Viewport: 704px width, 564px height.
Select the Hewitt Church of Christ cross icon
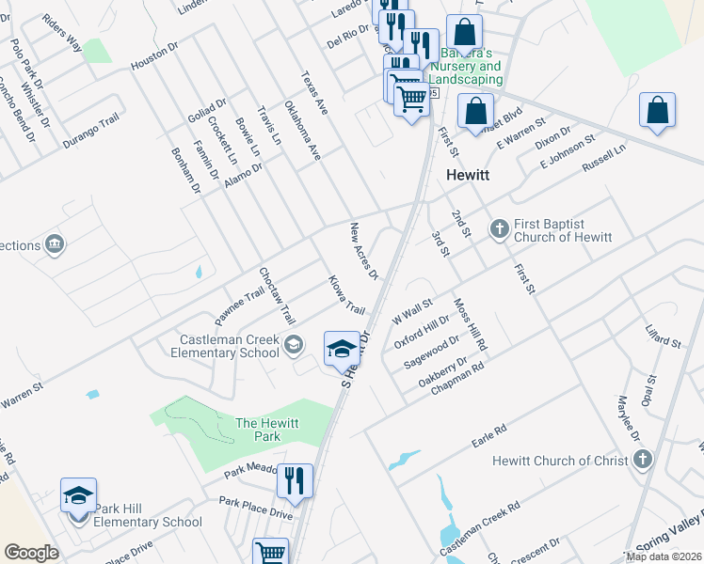coord(642,460)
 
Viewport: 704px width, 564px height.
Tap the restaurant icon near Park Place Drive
coord(295,481)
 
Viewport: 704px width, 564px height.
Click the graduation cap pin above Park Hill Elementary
coord(79,495)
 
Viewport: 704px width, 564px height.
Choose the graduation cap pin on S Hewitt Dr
coord(342,350)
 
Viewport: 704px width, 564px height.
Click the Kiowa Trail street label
coord(345,294)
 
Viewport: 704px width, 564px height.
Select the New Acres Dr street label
coord(363,251)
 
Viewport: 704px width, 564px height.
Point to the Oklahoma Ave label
coord(303,129)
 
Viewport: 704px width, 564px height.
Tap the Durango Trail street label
coord(92,133)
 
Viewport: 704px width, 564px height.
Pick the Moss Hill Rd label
coord(470,325)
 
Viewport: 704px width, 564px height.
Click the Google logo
coord(31,553)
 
